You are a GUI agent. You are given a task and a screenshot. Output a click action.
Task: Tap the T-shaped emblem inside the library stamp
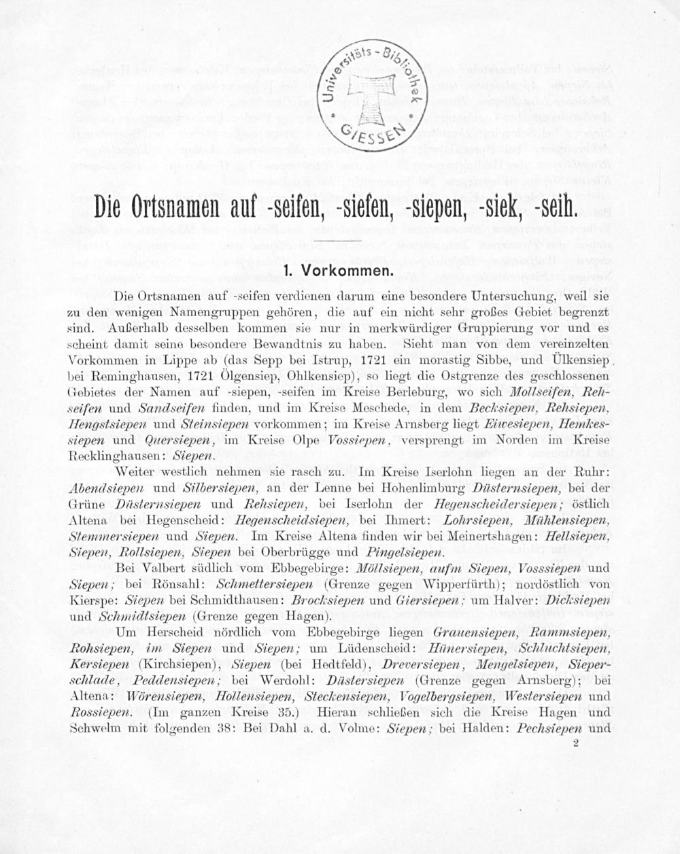pyautogui.click(x=371, y=96)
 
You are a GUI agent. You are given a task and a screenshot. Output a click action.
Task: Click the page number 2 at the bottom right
pyautogui.click(x=575, y=744)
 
